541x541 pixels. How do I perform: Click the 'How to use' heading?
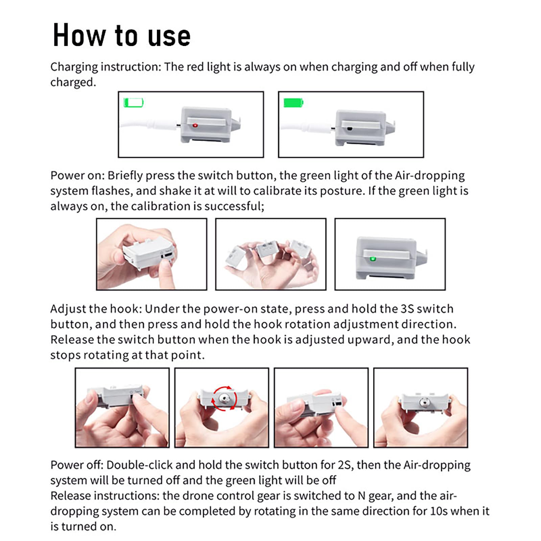point(122,35)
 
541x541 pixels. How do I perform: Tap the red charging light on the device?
point(195,125)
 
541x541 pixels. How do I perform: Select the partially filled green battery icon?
point(134,102)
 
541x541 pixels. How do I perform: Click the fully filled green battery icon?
point(293,102)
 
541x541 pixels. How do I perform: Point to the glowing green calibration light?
point(373,259)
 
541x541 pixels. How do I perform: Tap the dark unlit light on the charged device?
point(350,128)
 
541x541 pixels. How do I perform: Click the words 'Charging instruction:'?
point(106,67)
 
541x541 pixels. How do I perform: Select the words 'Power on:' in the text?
point(77,175)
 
